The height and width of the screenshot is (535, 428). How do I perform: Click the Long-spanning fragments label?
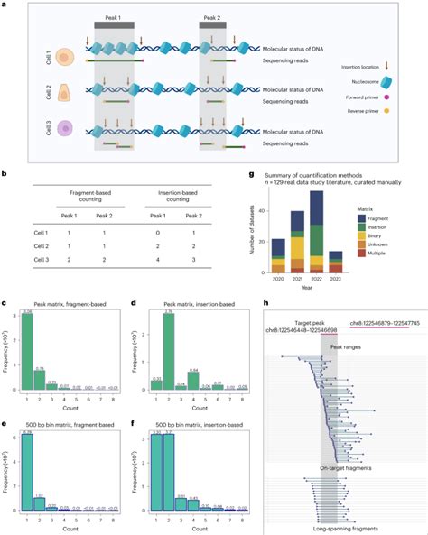click(x=336, y=528)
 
